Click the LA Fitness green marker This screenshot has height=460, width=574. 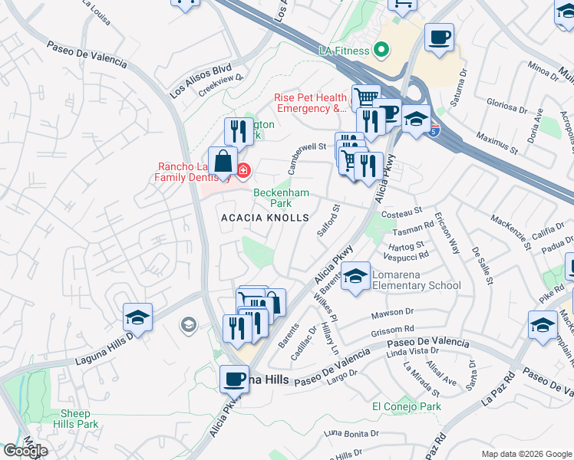380,51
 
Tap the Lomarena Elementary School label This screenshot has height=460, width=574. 416,280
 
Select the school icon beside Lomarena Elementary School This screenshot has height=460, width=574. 356,277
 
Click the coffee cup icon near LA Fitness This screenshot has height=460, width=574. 439,38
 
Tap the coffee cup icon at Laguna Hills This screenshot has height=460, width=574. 235,379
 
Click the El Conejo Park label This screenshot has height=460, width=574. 406,406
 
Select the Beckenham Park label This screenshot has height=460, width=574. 272,199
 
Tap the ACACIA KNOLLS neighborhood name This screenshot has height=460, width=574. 265,219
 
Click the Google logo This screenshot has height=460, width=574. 25,451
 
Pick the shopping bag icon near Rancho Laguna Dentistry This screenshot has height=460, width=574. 223,163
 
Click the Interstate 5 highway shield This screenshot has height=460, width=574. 435,131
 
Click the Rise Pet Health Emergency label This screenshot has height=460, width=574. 311,103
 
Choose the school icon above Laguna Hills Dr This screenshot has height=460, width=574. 137,317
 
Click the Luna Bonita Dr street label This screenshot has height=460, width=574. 351,434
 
